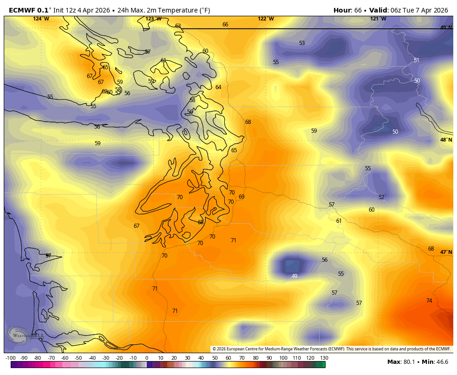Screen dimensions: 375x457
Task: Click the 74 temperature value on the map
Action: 429,301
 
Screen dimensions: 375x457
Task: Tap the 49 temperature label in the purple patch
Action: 294,276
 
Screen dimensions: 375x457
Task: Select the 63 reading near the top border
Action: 178,26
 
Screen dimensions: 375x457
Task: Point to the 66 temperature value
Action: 225,25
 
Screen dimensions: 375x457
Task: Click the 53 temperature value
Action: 302,43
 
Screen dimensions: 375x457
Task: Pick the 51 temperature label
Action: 416,60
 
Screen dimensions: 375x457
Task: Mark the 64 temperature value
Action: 218,87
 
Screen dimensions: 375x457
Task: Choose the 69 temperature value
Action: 242,197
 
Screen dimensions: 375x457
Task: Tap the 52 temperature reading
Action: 381,197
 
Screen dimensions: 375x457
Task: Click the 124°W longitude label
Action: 41,19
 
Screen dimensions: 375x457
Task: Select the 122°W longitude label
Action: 266,19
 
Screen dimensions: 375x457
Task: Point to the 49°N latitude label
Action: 446,27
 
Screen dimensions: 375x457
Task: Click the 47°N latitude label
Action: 446,252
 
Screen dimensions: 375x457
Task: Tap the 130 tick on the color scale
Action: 324,358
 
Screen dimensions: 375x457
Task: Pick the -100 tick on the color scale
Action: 11,358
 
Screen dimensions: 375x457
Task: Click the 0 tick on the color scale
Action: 147,358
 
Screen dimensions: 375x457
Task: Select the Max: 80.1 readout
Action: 401,362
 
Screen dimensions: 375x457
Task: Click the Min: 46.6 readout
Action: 437,362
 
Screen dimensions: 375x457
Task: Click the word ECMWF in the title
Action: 21,10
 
